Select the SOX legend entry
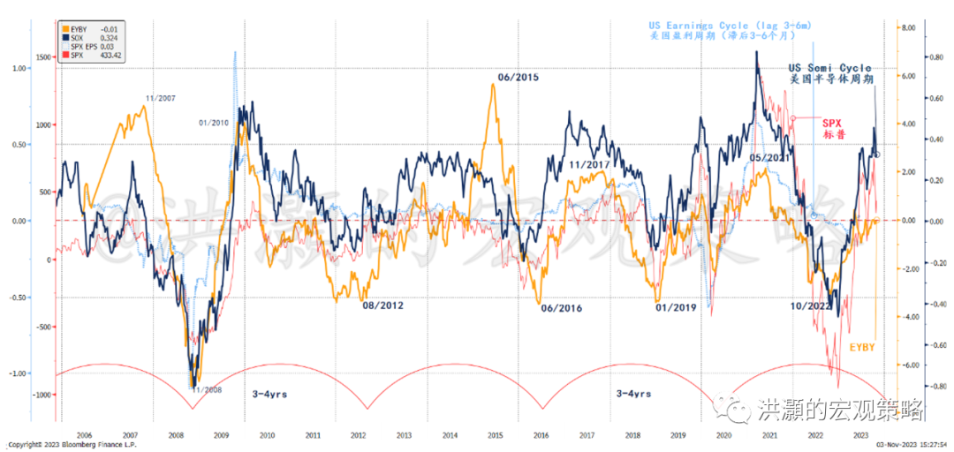click(79, 36)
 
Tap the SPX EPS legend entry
click(85, 46)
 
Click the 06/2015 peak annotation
click(518, 78)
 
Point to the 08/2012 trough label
click(382, 305)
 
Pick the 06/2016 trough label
click(561, 307)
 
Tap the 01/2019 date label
click(676, 307)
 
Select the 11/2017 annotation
click(592, 164)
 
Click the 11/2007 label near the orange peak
click(162, 97)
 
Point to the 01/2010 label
click(216, 123)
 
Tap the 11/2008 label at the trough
click(208, 389)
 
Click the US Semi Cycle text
click(829, 68)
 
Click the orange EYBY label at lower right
click(862, 348)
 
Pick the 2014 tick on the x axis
click(450, 435)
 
